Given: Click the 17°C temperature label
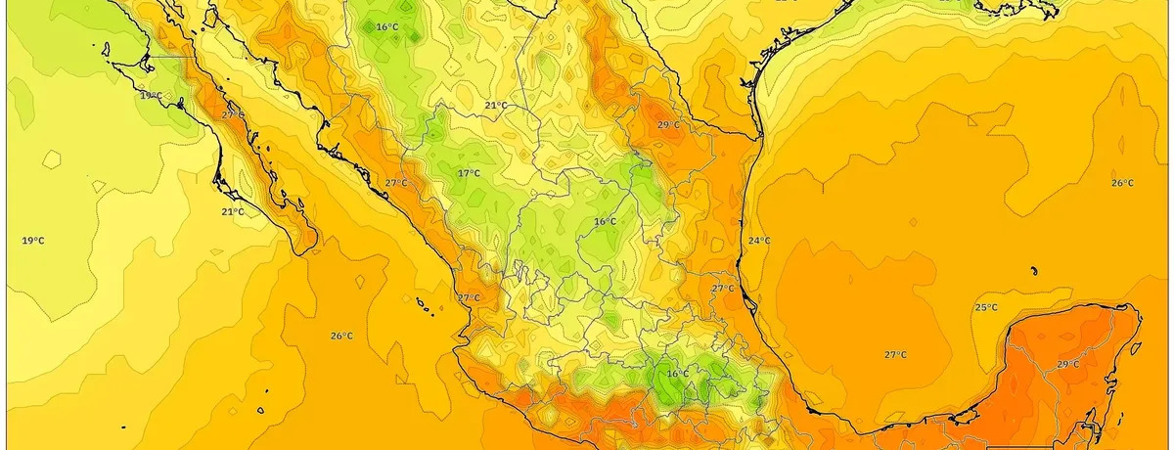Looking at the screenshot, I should (469, 173).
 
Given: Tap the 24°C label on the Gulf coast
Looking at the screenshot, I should (759, 241).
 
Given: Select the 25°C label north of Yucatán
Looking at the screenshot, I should (986, 307).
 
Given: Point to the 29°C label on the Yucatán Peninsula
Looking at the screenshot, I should (1068, 364).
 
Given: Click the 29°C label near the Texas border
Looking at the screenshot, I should (667, 125).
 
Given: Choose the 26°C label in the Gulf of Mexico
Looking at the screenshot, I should (1122, 183).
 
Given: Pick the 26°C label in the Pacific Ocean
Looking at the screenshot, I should (340, 336).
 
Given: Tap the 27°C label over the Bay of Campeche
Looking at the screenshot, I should (894, 354).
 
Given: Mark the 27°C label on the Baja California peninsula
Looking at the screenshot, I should (233, 114).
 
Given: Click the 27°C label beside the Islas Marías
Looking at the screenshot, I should (468, 297).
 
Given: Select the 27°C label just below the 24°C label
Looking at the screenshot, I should (722, 289).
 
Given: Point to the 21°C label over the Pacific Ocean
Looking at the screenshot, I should (232, 211).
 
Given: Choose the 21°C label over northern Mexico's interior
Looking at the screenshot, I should (496, 105).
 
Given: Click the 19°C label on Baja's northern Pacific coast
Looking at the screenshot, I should (150, 95).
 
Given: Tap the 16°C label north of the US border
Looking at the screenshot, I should (386, 26).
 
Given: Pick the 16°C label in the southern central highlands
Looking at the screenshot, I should (677, 374).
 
